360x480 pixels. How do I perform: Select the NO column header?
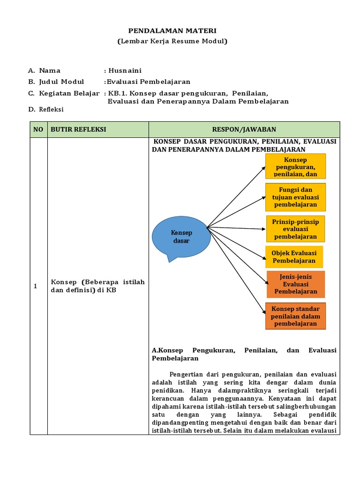tap(38, 129)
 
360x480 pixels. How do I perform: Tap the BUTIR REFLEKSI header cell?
tap(79, 129)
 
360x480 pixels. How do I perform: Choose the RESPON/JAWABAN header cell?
tap(244, 129)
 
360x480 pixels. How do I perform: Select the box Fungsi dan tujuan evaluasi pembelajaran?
tap(295, 197)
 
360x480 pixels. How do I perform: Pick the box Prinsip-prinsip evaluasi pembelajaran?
tap(295, 229)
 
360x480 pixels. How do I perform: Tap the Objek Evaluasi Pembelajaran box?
tap(294, 257)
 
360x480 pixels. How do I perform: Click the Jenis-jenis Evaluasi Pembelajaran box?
tap(296, 284)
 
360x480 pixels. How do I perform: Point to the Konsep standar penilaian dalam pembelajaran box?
tap(295, 316)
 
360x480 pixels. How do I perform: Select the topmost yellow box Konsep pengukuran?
tap(295, 167)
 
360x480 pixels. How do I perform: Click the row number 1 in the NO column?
tap(36, 286)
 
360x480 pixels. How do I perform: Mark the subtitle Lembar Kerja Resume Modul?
tap(172, 42)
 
